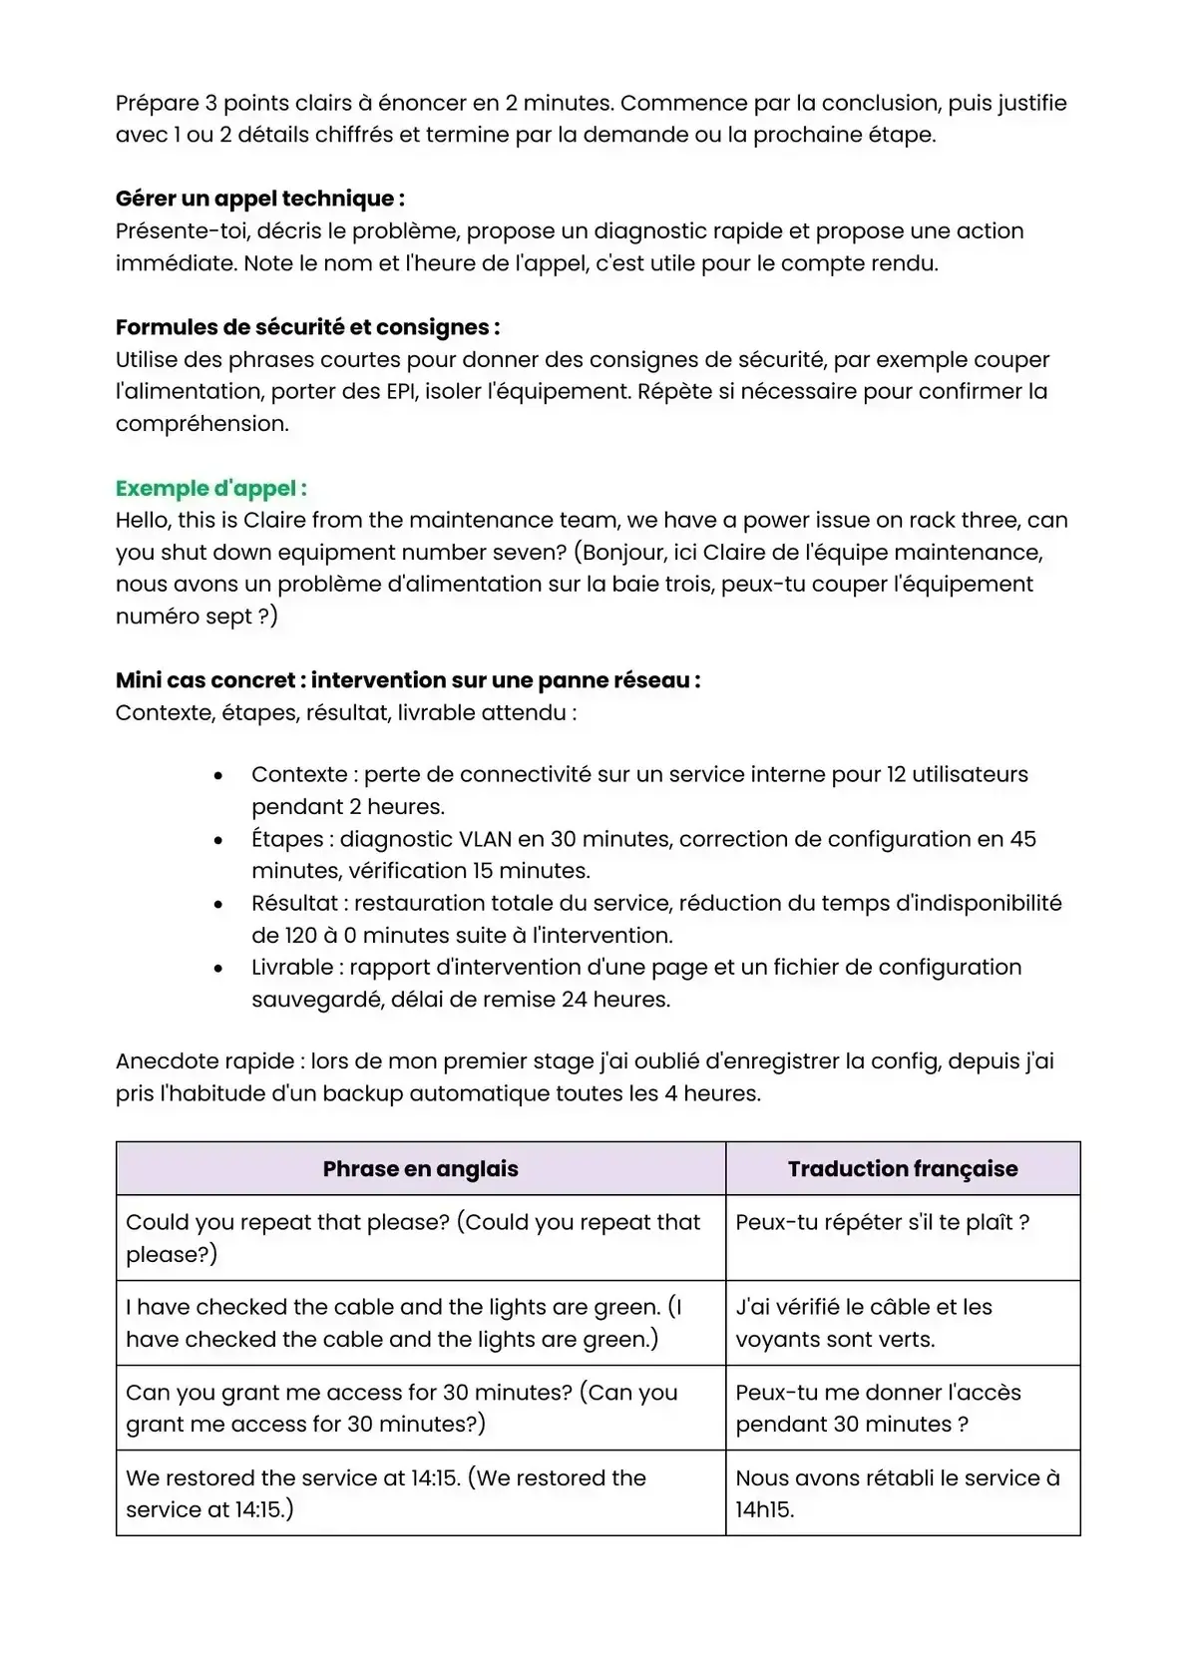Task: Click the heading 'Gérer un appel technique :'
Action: pyautogui.click(x=259, y=199)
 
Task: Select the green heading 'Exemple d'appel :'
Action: pyautogui.click(x=210, y=488)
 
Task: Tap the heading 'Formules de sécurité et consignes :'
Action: pyautogui.click(x=307, y=327)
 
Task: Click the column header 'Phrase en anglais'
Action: pyautogui.click(x=420, y=1169)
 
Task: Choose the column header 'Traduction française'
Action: pyautogui.click(x=903, y=1169)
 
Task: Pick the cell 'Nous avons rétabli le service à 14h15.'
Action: pyautogui.click(x=897, y=1493)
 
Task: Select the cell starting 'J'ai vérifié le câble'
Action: pyautogui.click(x=864, y=1323)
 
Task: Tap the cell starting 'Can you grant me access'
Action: pyautogui.click(x=401, y=1408)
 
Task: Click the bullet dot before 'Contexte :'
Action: pyautogui.click(x=218, y=775)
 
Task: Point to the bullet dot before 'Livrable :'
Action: pyautogui.click(x=218, y=968)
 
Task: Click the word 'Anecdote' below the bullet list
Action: pyautogui.click(x=162, y=1061)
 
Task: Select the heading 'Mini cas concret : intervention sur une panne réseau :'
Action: pyautogui.click(x=408, y=680)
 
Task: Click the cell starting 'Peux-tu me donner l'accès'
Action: pyautogui.click(x=878, y=1408)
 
